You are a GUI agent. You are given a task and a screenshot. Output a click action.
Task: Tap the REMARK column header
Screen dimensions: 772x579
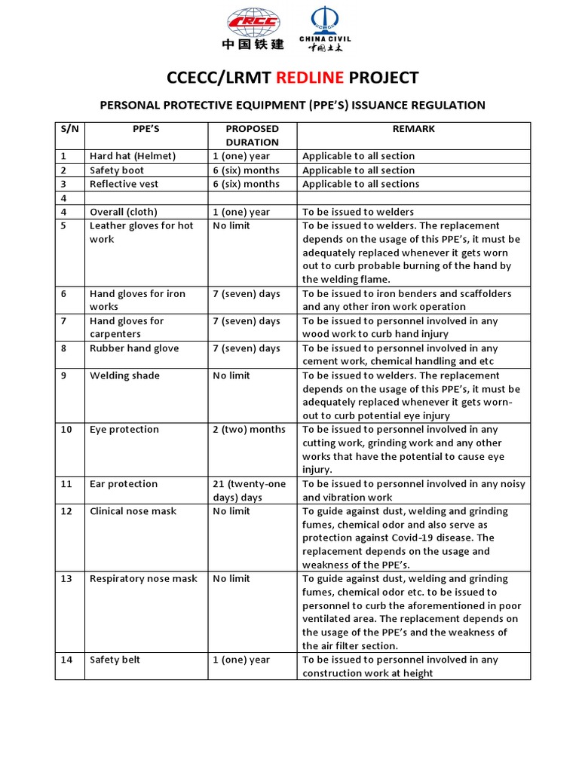413,129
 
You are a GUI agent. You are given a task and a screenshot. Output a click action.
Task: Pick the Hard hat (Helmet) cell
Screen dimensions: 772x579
133,156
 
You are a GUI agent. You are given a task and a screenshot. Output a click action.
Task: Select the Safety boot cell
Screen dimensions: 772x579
116,170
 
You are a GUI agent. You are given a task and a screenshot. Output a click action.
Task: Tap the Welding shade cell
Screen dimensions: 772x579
124,375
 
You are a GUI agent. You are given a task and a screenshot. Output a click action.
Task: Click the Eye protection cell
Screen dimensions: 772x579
124,430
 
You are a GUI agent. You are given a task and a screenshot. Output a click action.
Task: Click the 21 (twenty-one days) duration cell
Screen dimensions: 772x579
249,491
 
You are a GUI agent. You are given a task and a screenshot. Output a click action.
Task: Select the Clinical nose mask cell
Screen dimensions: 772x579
132,511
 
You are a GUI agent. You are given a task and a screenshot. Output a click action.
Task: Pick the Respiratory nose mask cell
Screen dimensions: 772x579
142,579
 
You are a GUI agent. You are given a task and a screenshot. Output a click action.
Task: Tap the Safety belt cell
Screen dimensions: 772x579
115,660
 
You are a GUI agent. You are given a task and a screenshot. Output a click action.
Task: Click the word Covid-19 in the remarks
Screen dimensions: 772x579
442,538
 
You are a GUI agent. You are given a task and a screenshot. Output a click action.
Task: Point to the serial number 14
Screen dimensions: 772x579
67,660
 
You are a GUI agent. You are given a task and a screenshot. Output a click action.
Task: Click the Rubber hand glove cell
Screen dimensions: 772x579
134,348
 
